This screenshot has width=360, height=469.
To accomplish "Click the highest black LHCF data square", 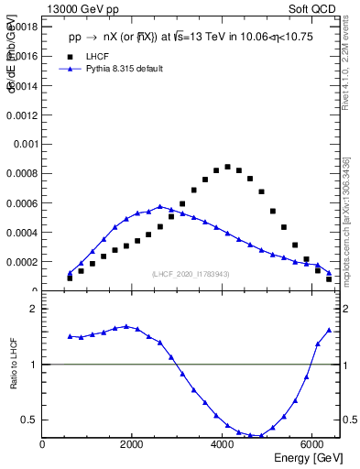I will click(x=227, y=167).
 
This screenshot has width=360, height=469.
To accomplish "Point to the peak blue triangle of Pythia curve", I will click(x=159, y=206).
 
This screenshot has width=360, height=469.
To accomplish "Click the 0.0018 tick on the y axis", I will click(x=22, y=27).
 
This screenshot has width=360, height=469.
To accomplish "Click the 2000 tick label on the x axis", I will click(x=133, y=444).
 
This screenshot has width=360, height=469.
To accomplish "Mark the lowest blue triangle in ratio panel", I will click(x=261, y=435).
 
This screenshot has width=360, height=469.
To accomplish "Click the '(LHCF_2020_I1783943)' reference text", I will click(x=191, y=275).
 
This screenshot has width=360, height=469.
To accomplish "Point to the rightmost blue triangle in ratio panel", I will click(x=329, y=330).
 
